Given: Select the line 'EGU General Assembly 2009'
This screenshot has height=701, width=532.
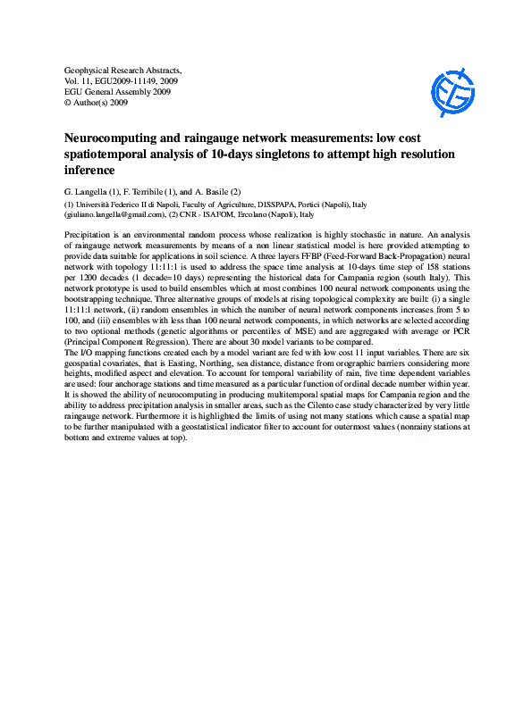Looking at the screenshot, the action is pos(118,91).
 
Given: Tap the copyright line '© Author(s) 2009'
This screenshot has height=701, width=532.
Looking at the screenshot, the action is pos(97,103).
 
